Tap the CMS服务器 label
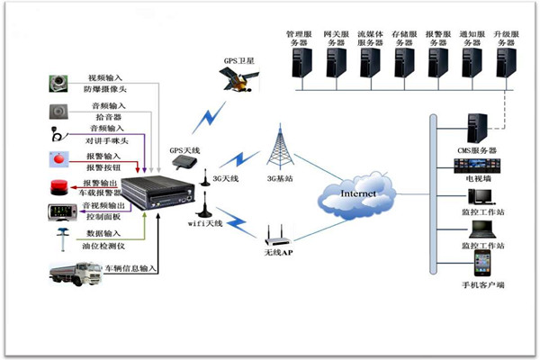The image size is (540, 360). (476, 149)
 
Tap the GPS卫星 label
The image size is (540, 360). (239, 61)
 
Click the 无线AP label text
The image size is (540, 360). (280, 256)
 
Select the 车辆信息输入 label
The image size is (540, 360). (130, 268)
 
